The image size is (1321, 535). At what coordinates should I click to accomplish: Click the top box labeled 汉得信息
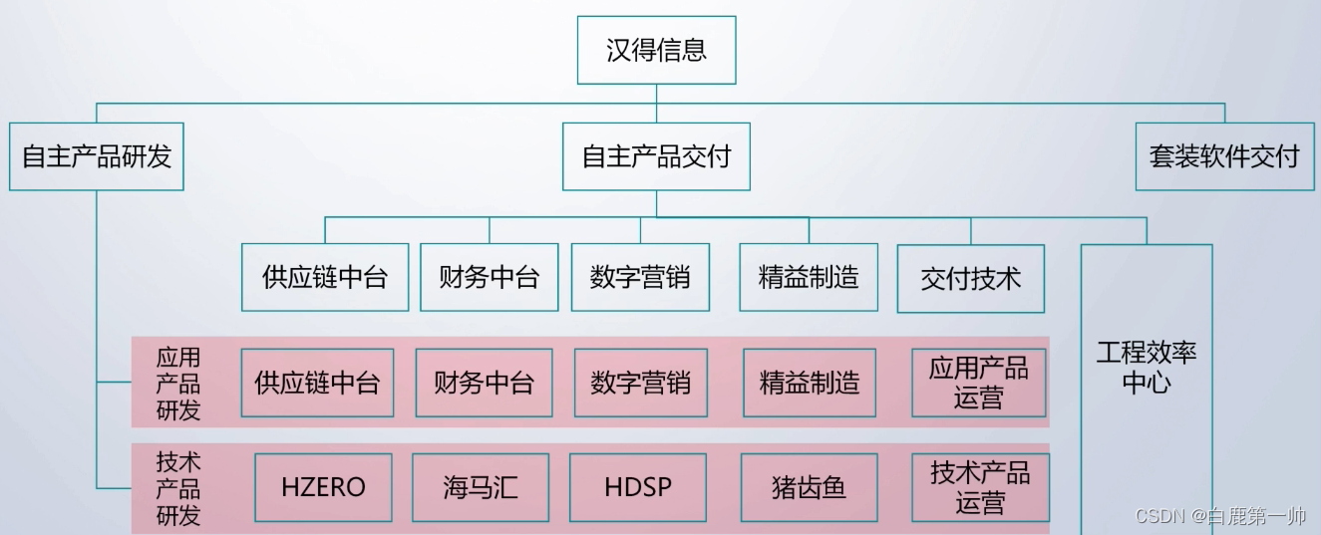656,50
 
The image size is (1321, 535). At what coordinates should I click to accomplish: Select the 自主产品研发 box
97,156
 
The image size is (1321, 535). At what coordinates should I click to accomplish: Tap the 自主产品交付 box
656,156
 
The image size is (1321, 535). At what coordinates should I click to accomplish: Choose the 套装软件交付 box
1224,156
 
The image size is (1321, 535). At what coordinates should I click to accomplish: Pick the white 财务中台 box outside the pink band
489,277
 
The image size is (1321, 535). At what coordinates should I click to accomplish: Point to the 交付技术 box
971,278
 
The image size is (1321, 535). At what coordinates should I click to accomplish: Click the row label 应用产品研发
178,384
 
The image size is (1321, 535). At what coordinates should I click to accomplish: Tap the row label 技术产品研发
178,488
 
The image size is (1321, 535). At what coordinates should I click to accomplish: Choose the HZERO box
323,487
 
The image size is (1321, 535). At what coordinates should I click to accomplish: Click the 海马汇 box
481,487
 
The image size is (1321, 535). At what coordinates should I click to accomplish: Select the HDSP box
638,487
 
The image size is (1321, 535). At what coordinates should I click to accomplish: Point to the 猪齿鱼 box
809,487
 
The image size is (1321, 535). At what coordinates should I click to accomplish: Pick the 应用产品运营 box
978,383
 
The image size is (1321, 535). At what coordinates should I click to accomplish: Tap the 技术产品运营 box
980,487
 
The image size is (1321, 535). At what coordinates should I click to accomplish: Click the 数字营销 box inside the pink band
640,383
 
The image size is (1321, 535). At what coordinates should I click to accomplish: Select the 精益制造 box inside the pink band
810,383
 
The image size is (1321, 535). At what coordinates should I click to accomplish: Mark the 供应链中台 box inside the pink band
317,383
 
